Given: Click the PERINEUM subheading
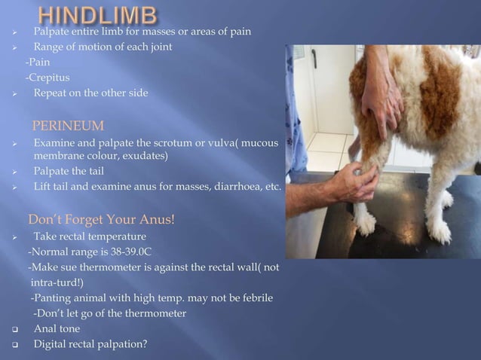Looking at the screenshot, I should pyautogui.click(x=67, y=125).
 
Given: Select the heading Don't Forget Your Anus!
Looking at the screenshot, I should pyautogui.click(x=101, y=221).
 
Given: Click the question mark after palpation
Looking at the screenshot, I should pyautogui.click(x=146, y=346).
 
